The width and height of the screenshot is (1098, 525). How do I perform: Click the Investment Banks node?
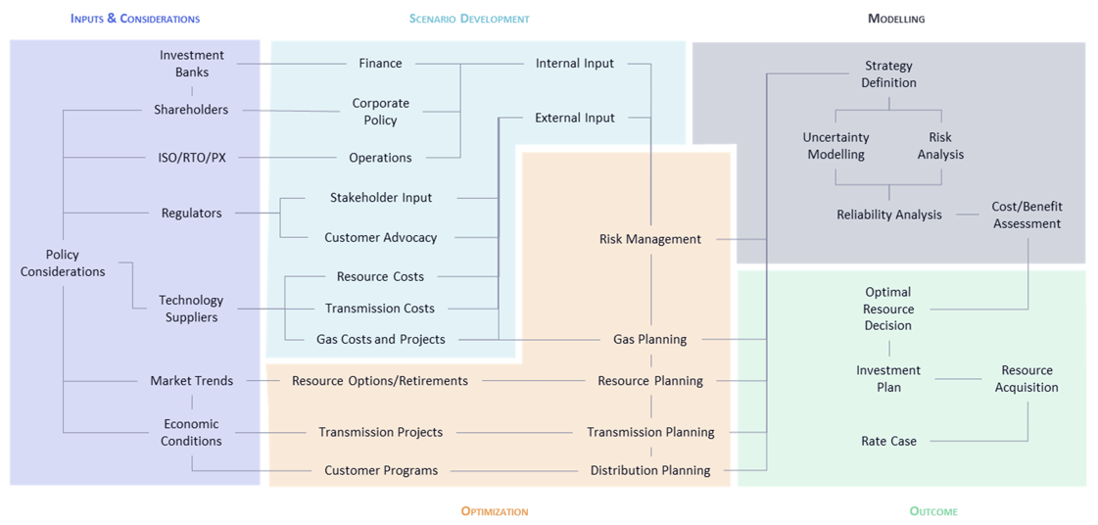click(192, 64)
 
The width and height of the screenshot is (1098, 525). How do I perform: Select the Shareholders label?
click(191, 110)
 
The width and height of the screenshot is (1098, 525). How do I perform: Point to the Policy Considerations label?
click(63, 263)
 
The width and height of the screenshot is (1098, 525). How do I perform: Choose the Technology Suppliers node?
click(191, 309)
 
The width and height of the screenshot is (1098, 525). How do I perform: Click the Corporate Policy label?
click(380, 112)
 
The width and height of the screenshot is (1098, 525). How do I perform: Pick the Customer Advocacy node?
click(380, 237)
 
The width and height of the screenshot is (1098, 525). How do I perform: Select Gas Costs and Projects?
click(380, 339)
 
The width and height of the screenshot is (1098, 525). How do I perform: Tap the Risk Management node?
click(649, 239)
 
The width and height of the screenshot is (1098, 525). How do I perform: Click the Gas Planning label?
click(649, 339)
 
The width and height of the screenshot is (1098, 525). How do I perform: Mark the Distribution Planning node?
click(649, 470)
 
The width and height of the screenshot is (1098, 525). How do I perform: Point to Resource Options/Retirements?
click(379, 381)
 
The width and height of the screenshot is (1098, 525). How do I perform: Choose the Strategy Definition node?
click(888, 74)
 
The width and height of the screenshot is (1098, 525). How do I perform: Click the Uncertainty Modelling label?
click(835, 146)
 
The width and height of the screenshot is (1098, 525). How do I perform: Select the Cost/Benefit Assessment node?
click(1026, 215)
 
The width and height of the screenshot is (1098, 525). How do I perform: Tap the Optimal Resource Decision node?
click(887, 309)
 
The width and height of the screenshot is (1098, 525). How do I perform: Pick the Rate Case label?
click(888, 441)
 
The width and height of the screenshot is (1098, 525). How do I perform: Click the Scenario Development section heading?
click(469, 19)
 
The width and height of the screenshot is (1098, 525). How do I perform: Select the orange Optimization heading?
click(494, 511)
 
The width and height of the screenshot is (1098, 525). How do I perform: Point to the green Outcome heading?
click(933, 511)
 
